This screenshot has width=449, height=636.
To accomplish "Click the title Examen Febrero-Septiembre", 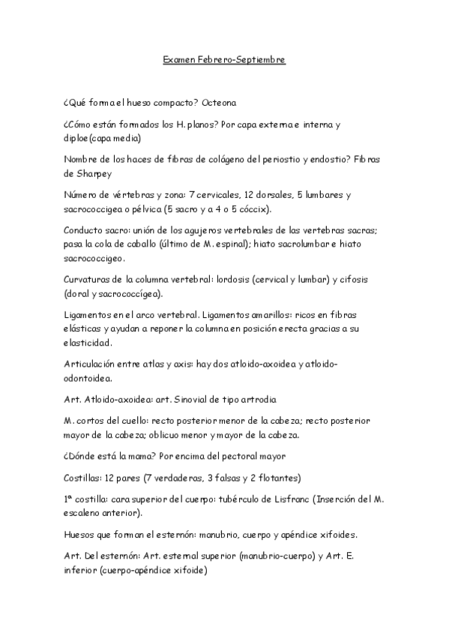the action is [224, 58].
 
